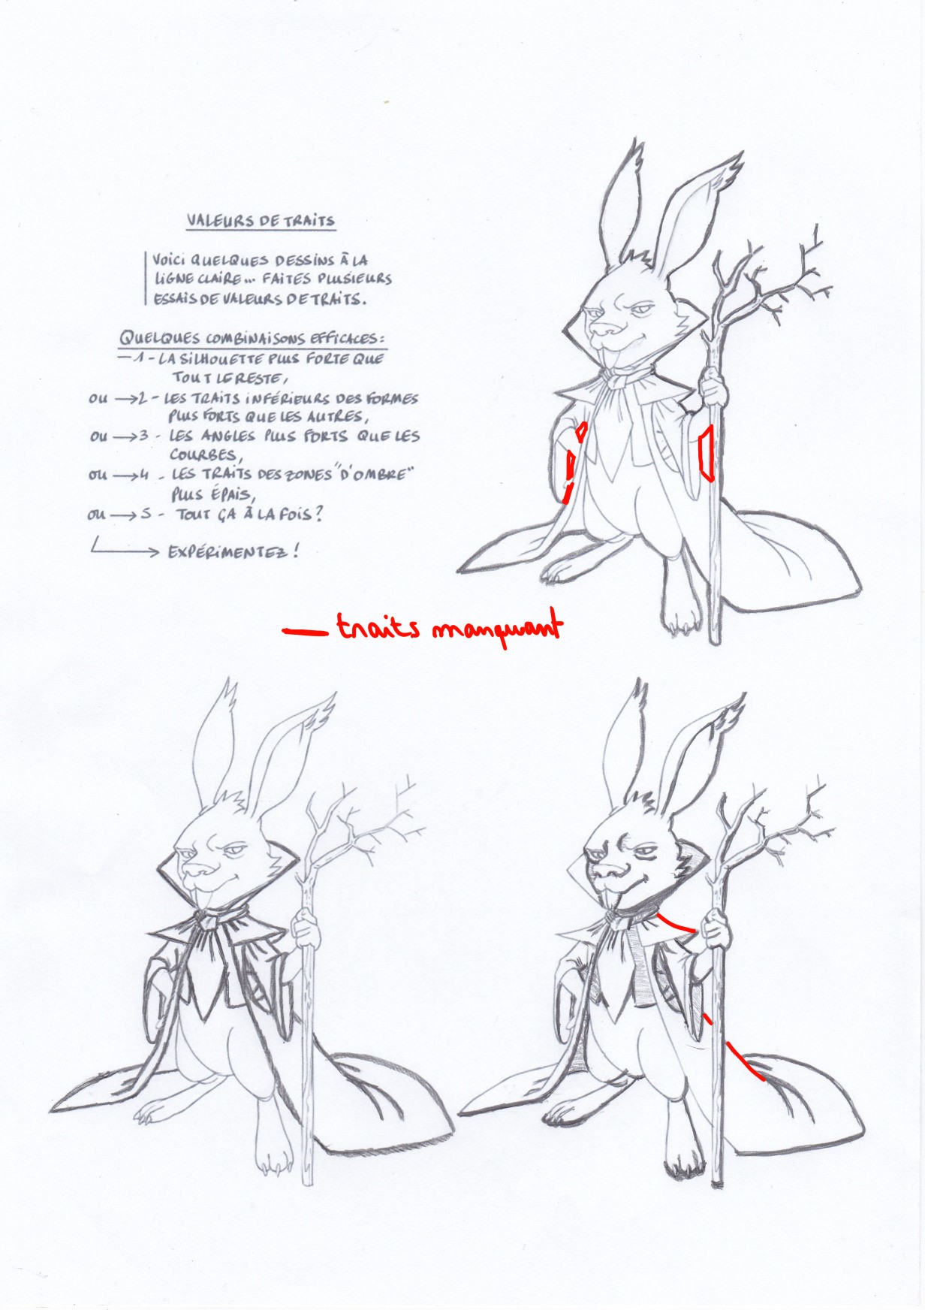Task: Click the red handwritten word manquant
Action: click(x=496, y=629)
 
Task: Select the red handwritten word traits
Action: click(x=378, y=628)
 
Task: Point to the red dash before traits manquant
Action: click(x=305, y=632)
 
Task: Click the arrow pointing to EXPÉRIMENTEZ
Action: click(x=124, y=551)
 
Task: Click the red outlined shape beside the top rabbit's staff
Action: click(x=706, y=454)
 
